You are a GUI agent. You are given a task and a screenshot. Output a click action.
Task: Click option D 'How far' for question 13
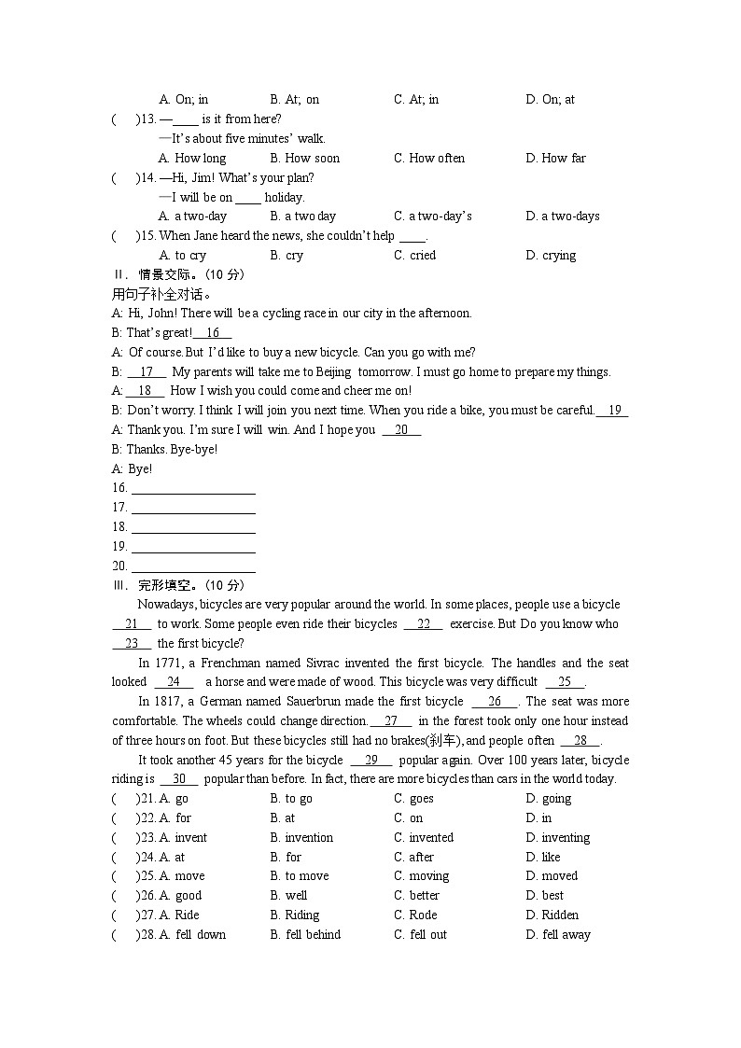click(555, 158)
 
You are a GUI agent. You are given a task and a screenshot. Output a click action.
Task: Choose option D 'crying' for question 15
click(551, 255)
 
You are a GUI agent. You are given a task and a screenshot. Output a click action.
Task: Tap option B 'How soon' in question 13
click(304, 158)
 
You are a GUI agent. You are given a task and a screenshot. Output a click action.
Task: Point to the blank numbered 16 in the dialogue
click(213, 333)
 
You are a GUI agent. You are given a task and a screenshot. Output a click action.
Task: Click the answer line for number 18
click(193, 527)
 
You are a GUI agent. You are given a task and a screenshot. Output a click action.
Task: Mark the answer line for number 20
click(193, 566)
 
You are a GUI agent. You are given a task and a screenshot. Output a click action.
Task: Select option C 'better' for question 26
click(416, 895)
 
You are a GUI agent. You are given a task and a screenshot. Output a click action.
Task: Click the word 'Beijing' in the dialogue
click(334, 371)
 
